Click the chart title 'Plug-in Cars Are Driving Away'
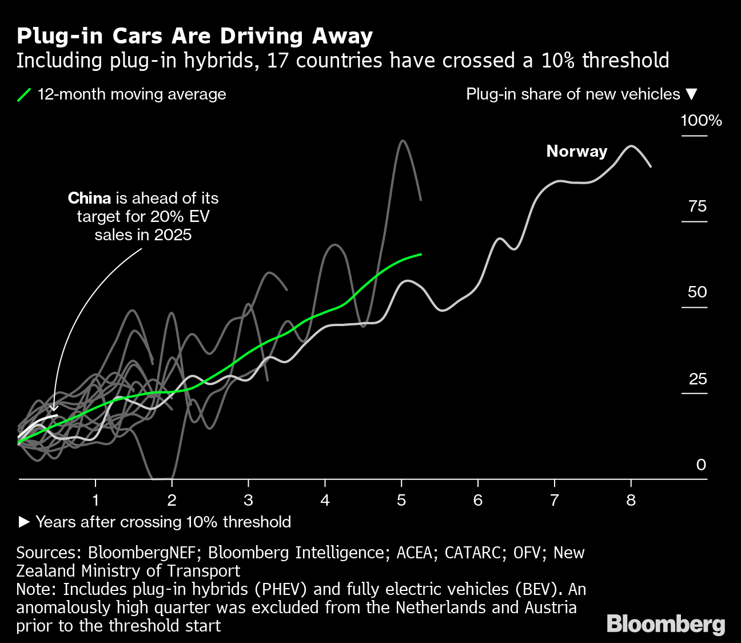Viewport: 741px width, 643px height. (x=194, y=35)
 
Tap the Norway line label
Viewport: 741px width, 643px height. (x=576, y=151)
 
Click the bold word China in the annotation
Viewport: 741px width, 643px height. (x=89, y=199)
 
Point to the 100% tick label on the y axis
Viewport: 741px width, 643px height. (x=701, y=121)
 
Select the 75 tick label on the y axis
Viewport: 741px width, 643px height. (x=698, y=207)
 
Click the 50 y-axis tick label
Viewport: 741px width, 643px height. (x=698, y=292)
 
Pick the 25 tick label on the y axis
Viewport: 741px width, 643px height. (x=698, y=379)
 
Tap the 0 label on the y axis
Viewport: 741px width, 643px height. (x=701, y=465)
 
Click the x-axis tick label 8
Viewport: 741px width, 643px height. (x=631, y=501)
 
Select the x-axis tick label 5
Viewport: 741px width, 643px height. (x=401, y=501)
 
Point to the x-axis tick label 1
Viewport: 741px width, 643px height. (x=95, y=501)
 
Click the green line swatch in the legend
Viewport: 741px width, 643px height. (x=24, y=94)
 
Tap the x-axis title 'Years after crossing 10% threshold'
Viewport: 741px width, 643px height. (x=163, y=522)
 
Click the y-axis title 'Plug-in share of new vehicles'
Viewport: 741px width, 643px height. (x=573, y=94)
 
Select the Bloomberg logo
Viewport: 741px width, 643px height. (x=666, y=624)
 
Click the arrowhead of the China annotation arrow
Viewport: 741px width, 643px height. (x=54, y=408)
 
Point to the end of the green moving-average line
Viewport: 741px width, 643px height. (x=421, y=254)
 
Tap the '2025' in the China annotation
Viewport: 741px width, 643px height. (x=173, y=235)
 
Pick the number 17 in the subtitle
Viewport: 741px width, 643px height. (x=277, y=61)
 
